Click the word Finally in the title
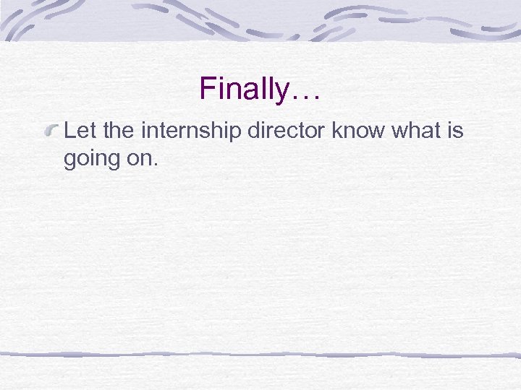244,90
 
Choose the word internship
195,132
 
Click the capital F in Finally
207,90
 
